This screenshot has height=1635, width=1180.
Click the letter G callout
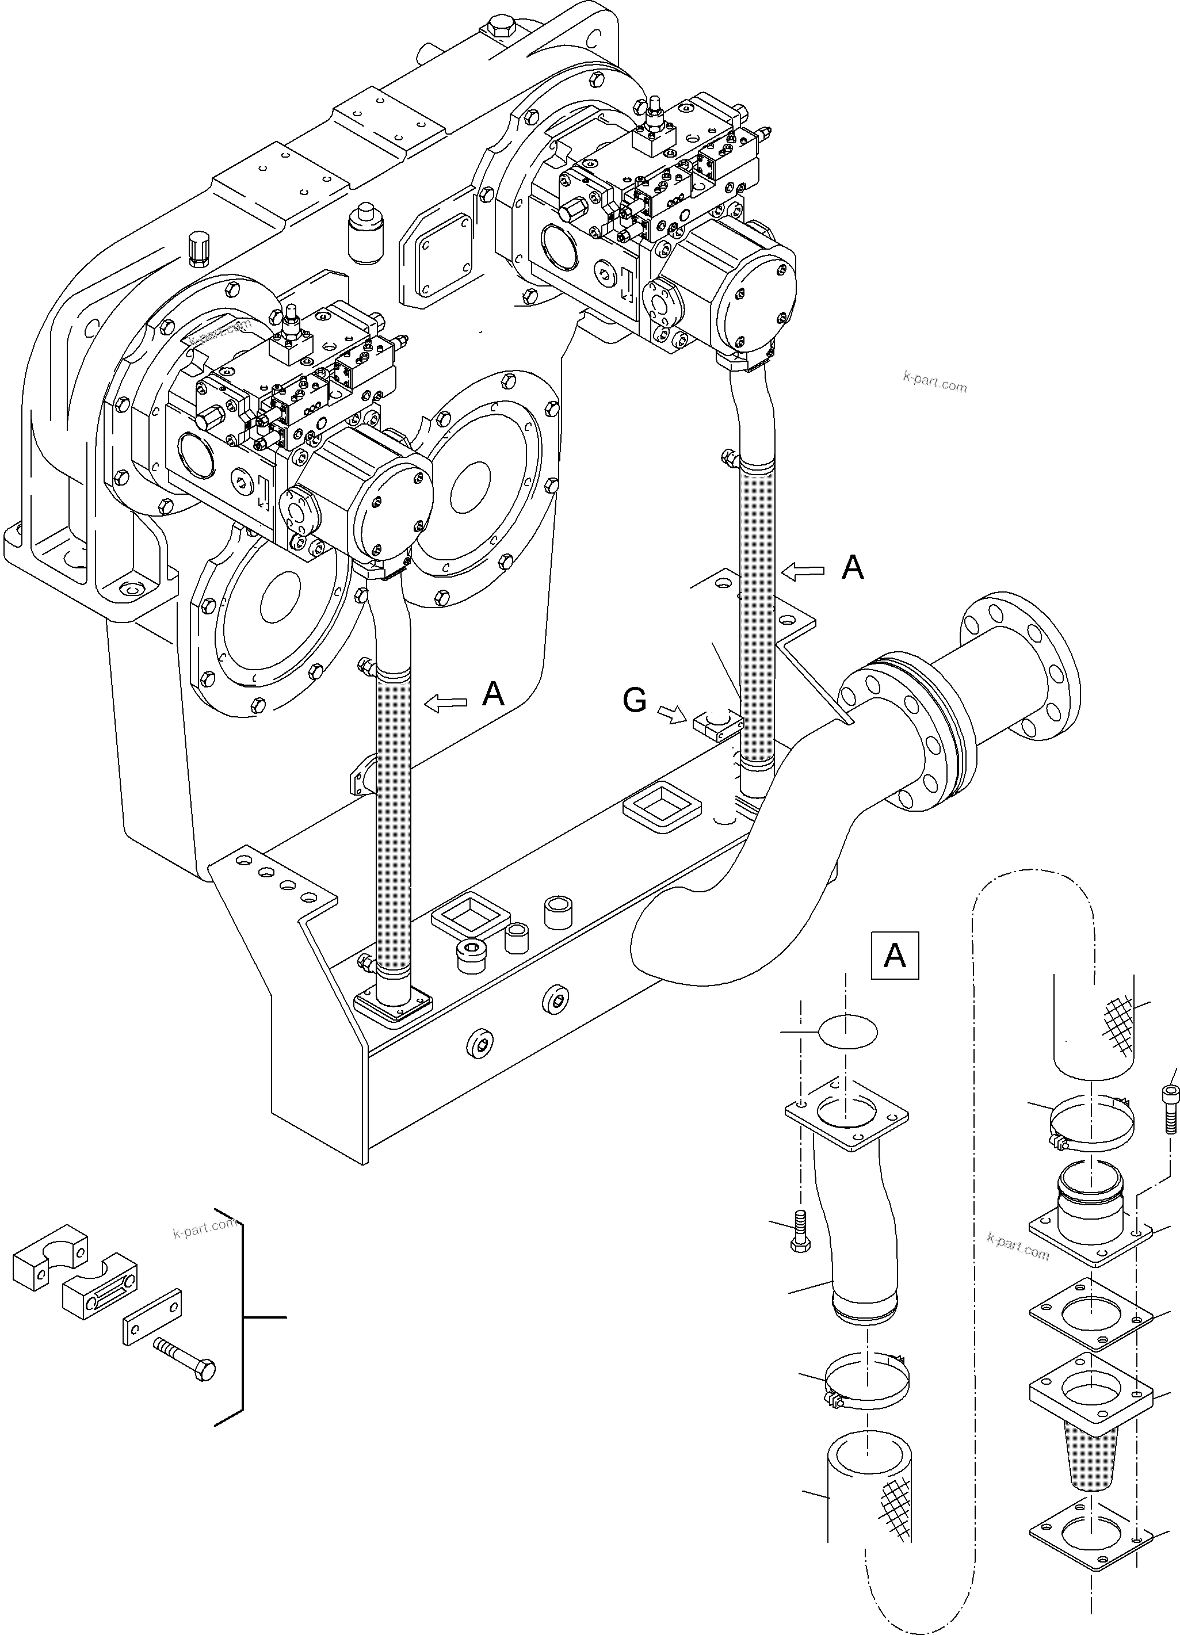(635, 700)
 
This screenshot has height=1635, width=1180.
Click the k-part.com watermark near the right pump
(934, 382)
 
